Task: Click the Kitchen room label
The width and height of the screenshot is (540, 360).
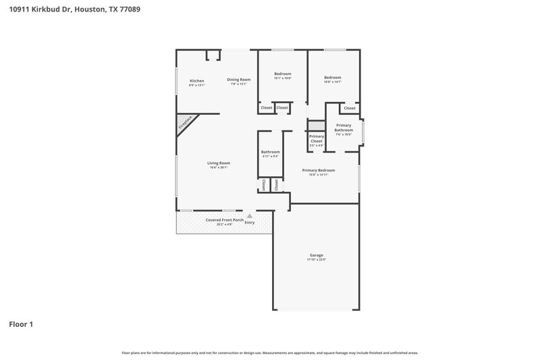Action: (x=196, y=80)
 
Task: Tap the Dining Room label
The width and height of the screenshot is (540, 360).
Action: (x=238, y=80)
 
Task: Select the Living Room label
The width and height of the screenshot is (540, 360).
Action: (x=218, y=163)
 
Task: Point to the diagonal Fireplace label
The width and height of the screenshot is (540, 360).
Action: (x=185, y=122)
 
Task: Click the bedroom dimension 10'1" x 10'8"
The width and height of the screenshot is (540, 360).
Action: (x=282, y=78)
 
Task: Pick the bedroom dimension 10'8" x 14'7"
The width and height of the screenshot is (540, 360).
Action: (x=332, y=82)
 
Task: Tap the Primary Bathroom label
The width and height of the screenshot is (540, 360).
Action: (x=344, y=128)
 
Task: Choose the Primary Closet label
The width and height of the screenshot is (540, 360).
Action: (x=317, y=138)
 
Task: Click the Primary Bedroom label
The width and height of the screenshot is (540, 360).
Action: (x=318, y=170)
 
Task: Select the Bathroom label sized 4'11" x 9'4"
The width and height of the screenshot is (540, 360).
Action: (x=270, y=152)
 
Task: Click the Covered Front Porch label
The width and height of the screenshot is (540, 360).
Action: (x=225, y=220)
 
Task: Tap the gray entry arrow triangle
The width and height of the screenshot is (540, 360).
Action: (x=248, y=215)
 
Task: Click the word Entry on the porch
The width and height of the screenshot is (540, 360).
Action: (x=250, y=222)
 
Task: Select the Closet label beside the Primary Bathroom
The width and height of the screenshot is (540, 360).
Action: (x=349, y=108)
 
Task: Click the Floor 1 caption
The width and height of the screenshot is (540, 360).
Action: (x=21, y=324)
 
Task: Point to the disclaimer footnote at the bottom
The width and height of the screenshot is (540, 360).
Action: (x=269, y=353)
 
